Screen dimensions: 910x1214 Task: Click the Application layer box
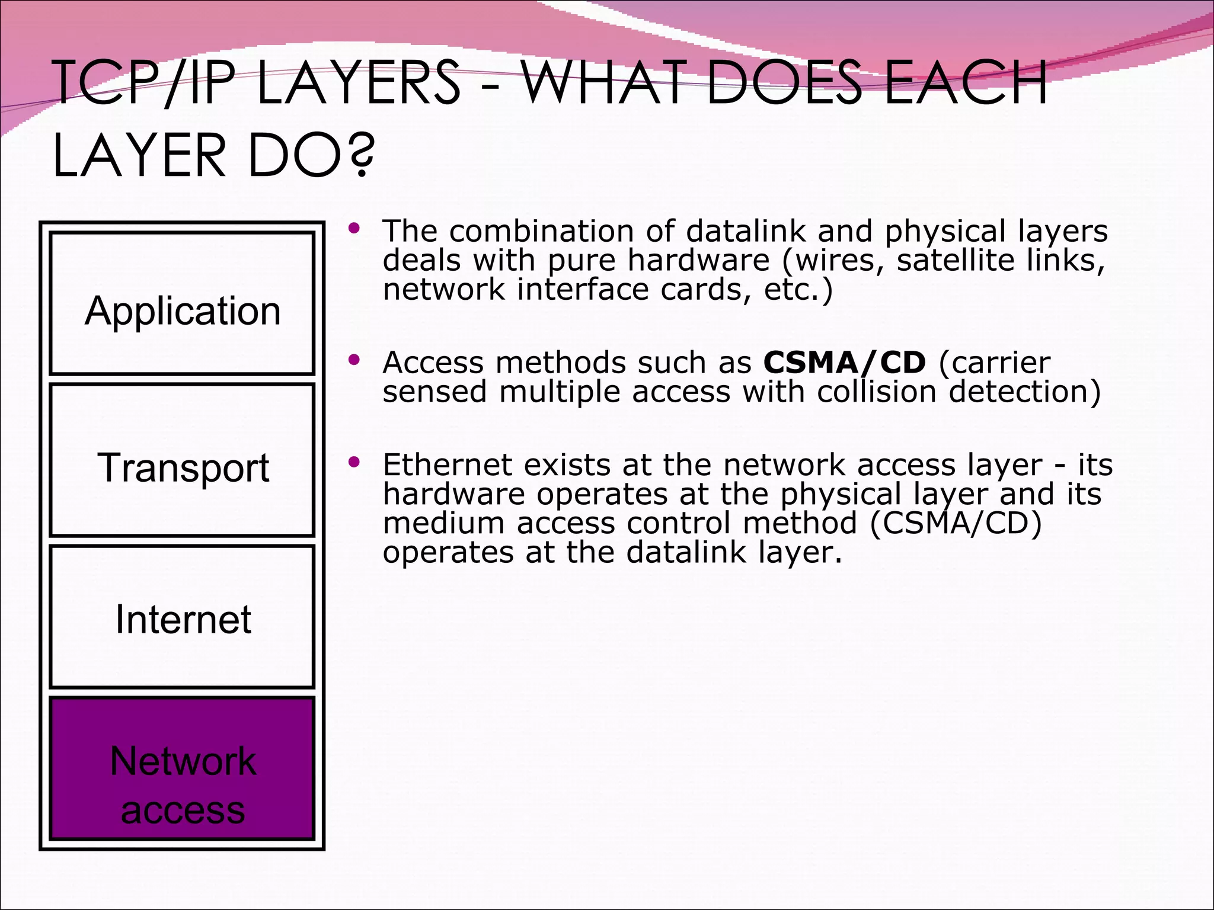182,303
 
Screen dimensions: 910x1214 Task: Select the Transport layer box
182,460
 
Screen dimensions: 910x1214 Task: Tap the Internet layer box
182,616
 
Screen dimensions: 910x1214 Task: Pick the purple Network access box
182,769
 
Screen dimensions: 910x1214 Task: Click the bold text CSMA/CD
844,363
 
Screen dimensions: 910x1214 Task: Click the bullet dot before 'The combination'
354,228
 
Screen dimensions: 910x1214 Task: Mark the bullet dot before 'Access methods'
354,359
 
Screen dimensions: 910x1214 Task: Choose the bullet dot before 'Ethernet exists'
354,462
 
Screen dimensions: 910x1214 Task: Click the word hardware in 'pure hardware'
698,261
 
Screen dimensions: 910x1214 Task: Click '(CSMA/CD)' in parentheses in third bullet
956,523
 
